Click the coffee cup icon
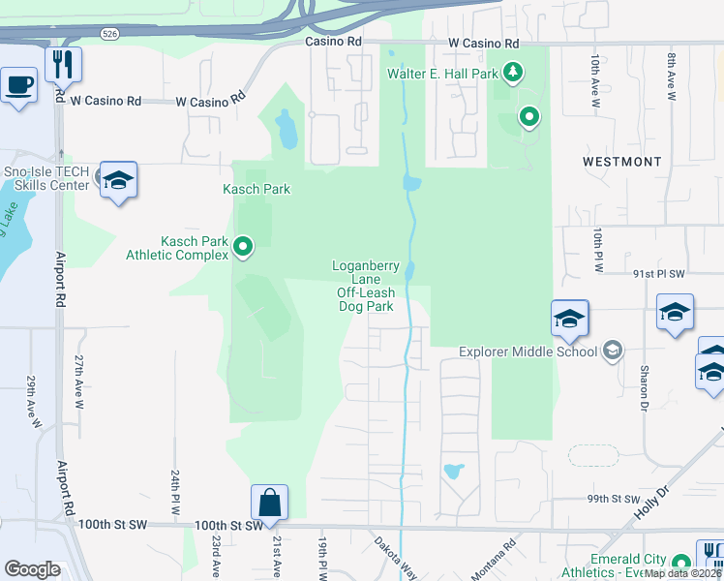tap(19, 85)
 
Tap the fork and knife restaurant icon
tap(64, 64)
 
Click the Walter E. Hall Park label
tap(443, 73)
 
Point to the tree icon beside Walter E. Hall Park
tap(513, 72)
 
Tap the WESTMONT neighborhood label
tap(622, 162)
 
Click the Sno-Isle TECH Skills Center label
tap(45, 178)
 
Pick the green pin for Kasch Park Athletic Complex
tap(243, 248)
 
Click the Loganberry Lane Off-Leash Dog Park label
tap(364, 286)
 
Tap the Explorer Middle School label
tap(528, 352)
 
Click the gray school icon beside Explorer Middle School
tap(612, 350)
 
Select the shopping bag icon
tap(269, 503)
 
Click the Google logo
tap(32, 569)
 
